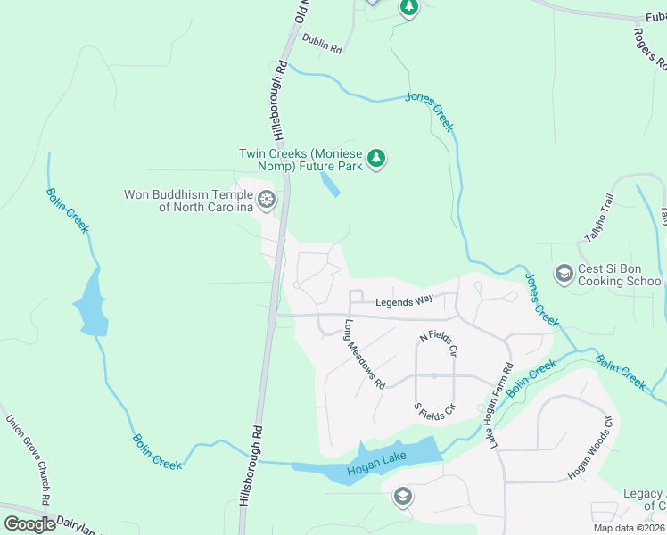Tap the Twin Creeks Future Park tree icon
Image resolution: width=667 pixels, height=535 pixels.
point(377,159)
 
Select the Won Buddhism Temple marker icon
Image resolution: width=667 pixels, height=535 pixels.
point(266,201)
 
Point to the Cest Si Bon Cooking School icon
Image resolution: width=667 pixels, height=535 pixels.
point(563,273)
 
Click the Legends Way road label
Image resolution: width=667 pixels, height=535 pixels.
point(404,302)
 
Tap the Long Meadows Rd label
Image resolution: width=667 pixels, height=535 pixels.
point(365,354)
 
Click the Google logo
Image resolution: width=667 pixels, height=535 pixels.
point(30,524)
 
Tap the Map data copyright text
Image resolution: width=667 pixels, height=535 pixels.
point(629,528)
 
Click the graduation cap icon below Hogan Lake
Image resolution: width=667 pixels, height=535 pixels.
point(402,497)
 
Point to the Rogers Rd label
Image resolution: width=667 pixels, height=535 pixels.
point(650,47)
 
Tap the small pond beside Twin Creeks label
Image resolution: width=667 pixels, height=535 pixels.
point(329,185)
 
